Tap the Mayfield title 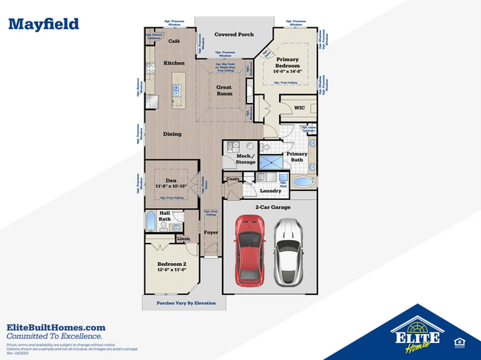[x=43, y=24]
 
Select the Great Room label [x=224, y=90]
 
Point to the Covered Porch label [x=233, y=35]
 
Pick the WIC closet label [x=299, y=108]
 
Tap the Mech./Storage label [x=246, y=159]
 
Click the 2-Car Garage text [x=272, y=207]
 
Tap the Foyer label [x=211, y=233]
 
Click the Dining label [x=172, y=134]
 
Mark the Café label [x=175, y=41]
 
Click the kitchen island [x=177, y=88]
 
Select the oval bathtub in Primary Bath [x=303, y=182]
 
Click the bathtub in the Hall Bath [x=150, y=220]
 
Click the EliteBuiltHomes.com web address [x=55, y=327]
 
